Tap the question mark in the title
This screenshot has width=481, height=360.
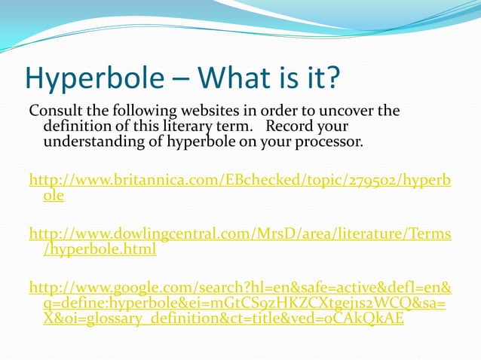(332, 78)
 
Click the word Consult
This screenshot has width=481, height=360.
(55, 111)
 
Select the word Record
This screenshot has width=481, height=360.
(290, 125)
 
